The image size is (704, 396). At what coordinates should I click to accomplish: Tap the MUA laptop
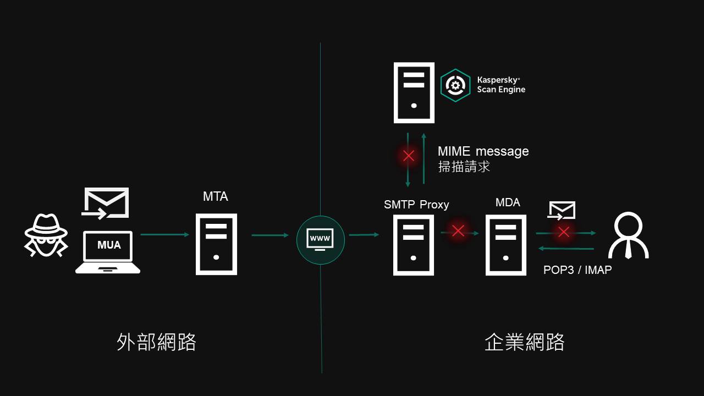tap(108, 252)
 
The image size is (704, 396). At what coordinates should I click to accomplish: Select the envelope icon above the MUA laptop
tap(106, 202)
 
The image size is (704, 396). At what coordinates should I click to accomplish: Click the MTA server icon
tap(216, 244)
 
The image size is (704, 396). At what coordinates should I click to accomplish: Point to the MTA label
tap(216, 196)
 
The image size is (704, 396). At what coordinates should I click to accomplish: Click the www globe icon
tap(320, 240)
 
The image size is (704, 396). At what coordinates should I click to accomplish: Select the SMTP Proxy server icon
tap(414, 245)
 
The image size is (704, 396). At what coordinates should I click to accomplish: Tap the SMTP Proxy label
tap(416, 205)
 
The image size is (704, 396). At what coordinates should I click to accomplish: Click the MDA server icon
tap(505, 245)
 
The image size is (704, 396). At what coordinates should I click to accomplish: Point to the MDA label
tap(508, 202)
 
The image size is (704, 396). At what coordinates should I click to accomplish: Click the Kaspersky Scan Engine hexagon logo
tap(455, 85)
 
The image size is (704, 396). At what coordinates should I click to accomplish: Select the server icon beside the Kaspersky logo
tap(414, 92)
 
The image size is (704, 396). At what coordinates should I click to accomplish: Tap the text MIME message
tap(483, 151)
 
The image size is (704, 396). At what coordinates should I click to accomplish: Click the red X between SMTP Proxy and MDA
tap(458, 231)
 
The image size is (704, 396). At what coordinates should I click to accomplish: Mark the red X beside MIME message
tap(408, 156)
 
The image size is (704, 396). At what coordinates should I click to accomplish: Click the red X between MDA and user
tap(563, 232)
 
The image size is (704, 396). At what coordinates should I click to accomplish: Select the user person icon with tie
tap(628, 235)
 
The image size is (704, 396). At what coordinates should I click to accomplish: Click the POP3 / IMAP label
tap(577, 270)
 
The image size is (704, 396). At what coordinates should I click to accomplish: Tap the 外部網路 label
tap(157, 342)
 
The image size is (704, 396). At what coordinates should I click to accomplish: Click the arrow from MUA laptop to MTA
tap(164, 235)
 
